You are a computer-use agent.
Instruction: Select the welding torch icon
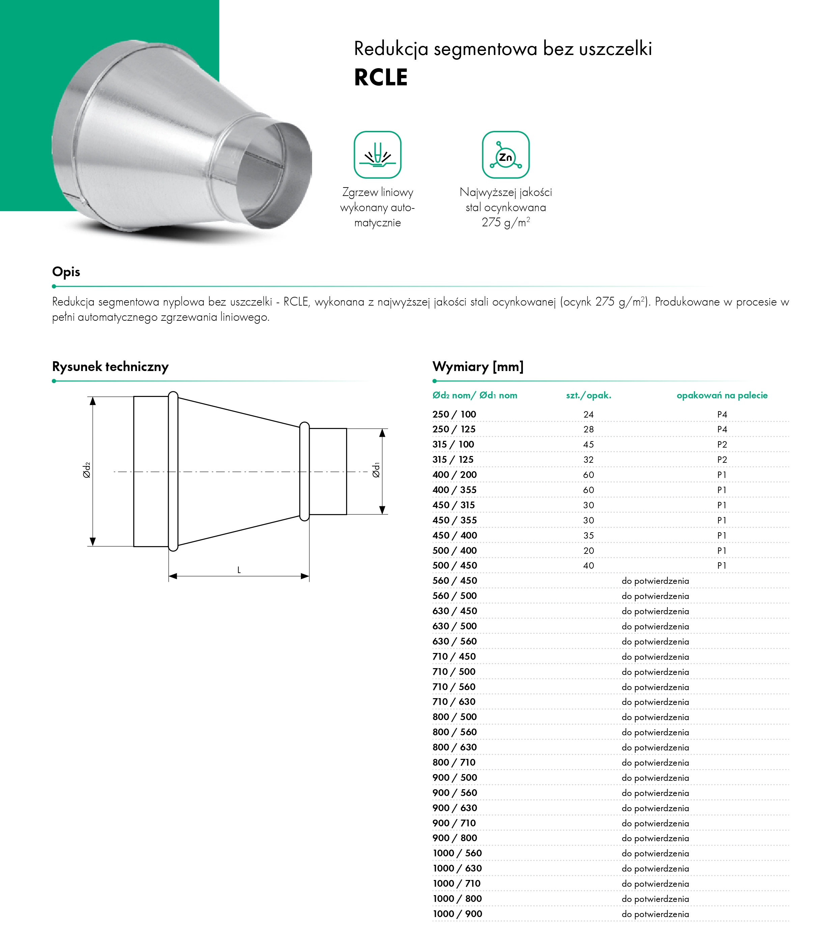[x=377, y=155]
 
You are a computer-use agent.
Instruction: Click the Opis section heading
[x=66, y=272]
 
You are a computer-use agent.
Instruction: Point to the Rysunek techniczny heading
[x=110, y=367]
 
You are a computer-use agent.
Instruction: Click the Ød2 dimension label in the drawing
[x=86, y=471]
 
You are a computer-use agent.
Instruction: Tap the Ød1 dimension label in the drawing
[x=376, y=470]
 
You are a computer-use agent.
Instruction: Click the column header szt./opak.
[x=589, y=395]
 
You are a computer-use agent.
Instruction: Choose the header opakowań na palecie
[x=722, y=395]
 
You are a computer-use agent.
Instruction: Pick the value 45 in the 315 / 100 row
[x=589, y=445]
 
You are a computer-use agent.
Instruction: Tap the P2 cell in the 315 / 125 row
[x=722, y=460]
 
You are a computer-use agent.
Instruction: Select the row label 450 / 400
[x=455, y=535]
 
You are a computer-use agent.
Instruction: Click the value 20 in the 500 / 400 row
[x=589, y=550]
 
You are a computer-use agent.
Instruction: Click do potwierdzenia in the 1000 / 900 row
[x=655, y=914]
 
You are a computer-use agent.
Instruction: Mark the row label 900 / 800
[x=455, y=838]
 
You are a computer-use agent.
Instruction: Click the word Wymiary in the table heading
[x=461, y=367]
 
